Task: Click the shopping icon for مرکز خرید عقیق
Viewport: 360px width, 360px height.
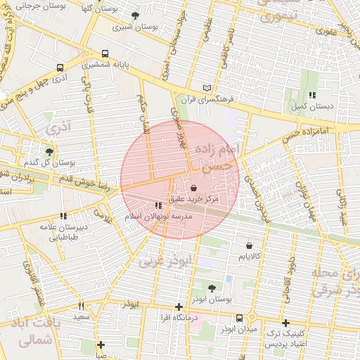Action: pos(194,188)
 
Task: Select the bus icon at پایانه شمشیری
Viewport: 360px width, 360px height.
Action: pos(105,53)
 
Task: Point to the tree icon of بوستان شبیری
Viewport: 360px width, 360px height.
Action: pos(135,15)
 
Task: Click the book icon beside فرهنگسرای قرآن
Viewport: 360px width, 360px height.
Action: pos(206,87)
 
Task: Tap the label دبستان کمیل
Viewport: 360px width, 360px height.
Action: pos(311,106)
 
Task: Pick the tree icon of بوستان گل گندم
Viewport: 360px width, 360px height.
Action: pos(49,151)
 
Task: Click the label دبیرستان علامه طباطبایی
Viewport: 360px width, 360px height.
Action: pos(63,231)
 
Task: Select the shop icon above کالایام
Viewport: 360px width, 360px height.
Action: pos(250,245)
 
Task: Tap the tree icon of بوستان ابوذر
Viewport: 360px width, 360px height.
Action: pos(212,288)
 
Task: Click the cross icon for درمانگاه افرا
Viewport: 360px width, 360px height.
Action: pos(179,307)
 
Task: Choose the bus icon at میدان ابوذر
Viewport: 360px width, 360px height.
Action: pos(240,318)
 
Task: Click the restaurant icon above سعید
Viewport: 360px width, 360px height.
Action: pos(82,306)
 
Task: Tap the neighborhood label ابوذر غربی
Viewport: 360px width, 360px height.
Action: pos(164,261)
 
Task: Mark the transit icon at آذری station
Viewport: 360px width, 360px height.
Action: pos(59,67)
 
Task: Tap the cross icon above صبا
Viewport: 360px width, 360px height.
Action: pos(101,345)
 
